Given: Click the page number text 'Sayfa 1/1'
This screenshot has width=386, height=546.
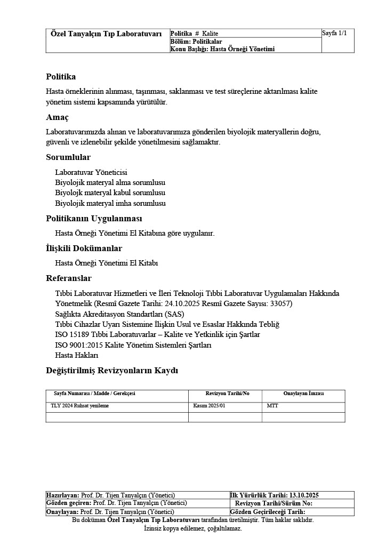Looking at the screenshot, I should click(334, 33).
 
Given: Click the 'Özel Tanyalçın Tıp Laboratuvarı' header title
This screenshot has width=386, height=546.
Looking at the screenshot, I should click(106, 34).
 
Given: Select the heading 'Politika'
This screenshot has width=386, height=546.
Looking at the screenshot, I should click(61, 77).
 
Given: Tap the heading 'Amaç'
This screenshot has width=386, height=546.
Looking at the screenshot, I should click(57, 117).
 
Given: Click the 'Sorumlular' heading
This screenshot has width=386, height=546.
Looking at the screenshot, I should click(68, 157).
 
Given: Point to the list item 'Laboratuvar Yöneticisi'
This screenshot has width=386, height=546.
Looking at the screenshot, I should click(91, 172).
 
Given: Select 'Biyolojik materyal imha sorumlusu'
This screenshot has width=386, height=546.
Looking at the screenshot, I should click(110, 203).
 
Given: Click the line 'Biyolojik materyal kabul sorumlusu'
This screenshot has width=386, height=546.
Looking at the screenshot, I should click(110, 192).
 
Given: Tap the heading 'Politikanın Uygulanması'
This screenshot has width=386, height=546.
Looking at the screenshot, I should click(94, 219).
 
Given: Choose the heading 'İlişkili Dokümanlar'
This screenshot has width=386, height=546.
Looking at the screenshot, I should click(84, 248).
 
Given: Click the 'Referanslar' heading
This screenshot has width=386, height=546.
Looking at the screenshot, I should click(69, 278).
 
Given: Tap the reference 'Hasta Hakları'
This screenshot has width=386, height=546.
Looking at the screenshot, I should click(77, 355).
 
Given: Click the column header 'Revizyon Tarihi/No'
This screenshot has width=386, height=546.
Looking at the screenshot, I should click(227, 394).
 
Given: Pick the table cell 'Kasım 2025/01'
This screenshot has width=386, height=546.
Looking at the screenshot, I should click(210, 406).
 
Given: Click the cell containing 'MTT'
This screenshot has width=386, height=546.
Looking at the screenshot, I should click(272, 406).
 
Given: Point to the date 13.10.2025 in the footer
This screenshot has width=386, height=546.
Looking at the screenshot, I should click(304, 495).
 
